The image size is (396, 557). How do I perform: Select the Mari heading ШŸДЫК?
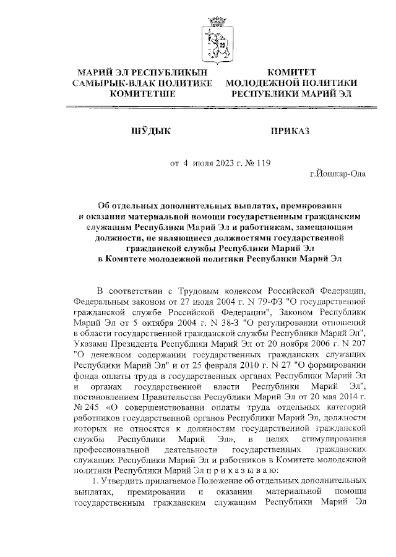(150, 131)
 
